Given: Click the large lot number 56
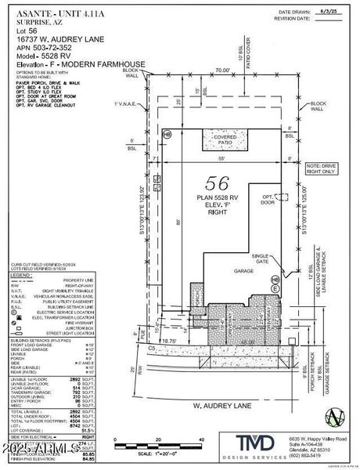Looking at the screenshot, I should [211, 183].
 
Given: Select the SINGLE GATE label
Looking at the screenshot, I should [260, 258].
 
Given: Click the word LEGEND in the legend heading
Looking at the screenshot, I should [20, 276].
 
